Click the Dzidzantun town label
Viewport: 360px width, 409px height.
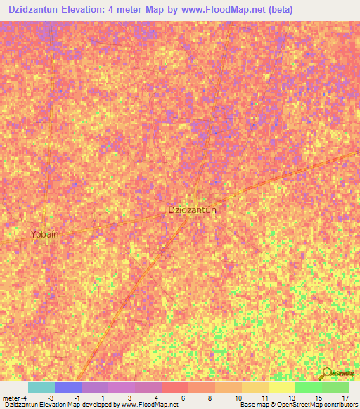[192, 210]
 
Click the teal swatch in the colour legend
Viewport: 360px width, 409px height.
[41, 387]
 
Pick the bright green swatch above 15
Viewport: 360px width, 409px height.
[308, 387]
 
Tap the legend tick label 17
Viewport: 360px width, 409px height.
[345, 397]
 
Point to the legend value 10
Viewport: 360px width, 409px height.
[239, 397]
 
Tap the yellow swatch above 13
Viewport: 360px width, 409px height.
[281, 387]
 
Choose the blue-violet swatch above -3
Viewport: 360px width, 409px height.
[68, 387]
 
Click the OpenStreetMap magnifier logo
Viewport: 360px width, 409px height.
[328, 372]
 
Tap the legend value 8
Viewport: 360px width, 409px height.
[211, 397]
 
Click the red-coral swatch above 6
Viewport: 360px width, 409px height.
[175, 387]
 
